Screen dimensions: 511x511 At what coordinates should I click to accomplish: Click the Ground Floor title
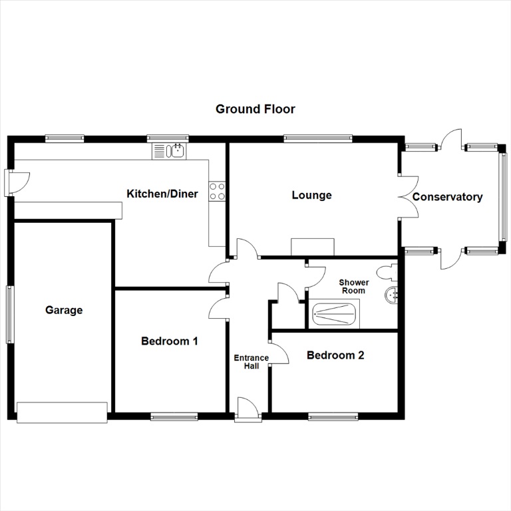point(255,108)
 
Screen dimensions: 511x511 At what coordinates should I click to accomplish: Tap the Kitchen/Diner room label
point(162,194)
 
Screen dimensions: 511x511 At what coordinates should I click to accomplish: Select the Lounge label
point(311,195)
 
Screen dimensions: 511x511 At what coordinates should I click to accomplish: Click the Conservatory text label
point(447,197)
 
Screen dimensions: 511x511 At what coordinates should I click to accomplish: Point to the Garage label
point(64,309)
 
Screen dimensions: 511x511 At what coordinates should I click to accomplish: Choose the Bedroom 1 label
point(170,341)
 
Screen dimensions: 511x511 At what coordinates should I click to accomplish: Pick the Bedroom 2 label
point(335,355)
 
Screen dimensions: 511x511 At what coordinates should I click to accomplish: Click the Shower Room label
point(353,287)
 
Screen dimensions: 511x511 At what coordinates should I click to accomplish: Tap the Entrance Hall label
point(251,362)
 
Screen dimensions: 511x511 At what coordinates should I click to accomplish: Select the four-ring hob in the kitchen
point(217,192)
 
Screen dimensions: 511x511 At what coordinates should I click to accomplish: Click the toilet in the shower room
point(385,272)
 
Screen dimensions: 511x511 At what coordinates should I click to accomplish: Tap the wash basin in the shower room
point(392,294)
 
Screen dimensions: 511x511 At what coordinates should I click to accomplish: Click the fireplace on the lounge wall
point(313,247)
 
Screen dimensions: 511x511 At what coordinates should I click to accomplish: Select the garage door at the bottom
point(62,413)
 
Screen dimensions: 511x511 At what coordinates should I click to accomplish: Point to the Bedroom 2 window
point(333,417)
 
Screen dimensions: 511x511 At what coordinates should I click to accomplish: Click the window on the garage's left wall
point(9,314)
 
